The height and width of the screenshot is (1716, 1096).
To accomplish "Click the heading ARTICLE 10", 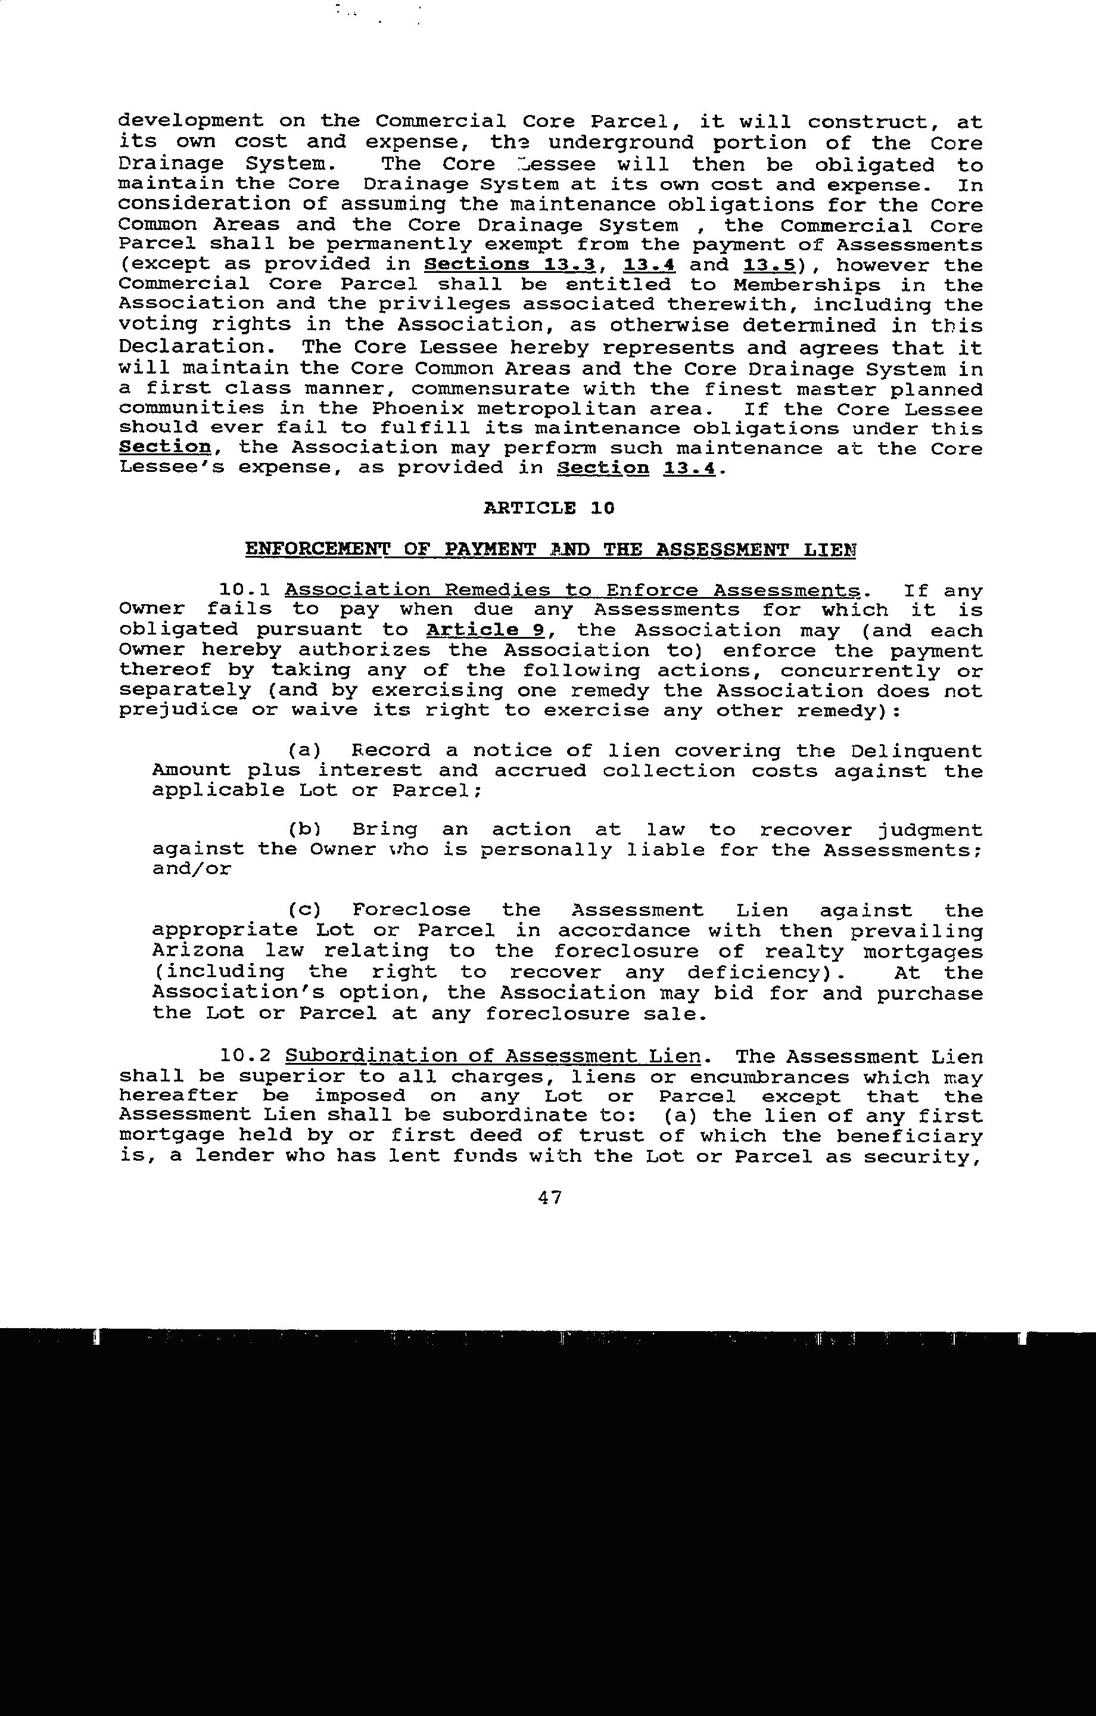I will click(x=548, y=508).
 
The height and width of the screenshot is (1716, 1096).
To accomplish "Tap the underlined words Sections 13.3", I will click(x=509, y=265).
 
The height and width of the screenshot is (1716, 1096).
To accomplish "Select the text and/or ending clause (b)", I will click(x=192, y=869).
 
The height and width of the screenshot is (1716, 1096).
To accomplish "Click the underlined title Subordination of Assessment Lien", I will click(x=493, y=1056).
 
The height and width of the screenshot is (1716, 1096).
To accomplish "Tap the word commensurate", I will click(x=490, y=389).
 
